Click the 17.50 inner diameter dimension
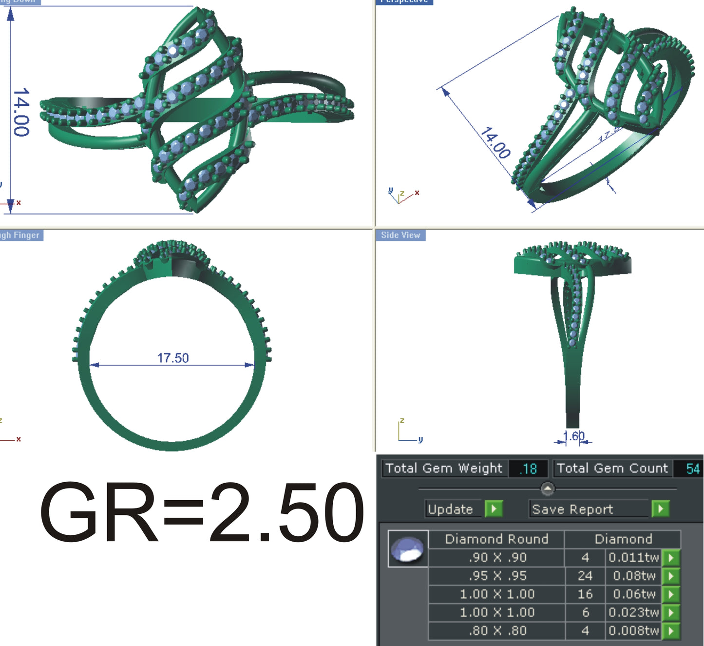tap(172, 358)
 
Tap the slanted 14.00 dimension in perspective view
tap(495, 143)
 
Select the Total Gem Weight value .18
tap(528, 469)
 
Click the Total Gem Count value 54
tap(692, 469)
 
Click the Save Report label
tap(572, 509)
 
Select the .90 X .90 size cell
tap(497, 557)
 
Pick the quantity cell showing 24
tap(585, 576)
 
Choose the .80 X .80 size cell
tap(497, 631)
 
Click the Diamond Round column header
tap(496, 539)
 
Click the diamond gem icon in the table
tap(408, 549)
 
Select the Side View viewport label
tap(400, 235)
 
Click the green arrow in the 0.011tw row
tap(671, 557)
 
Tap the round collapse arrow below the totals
tap(548, 488)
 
